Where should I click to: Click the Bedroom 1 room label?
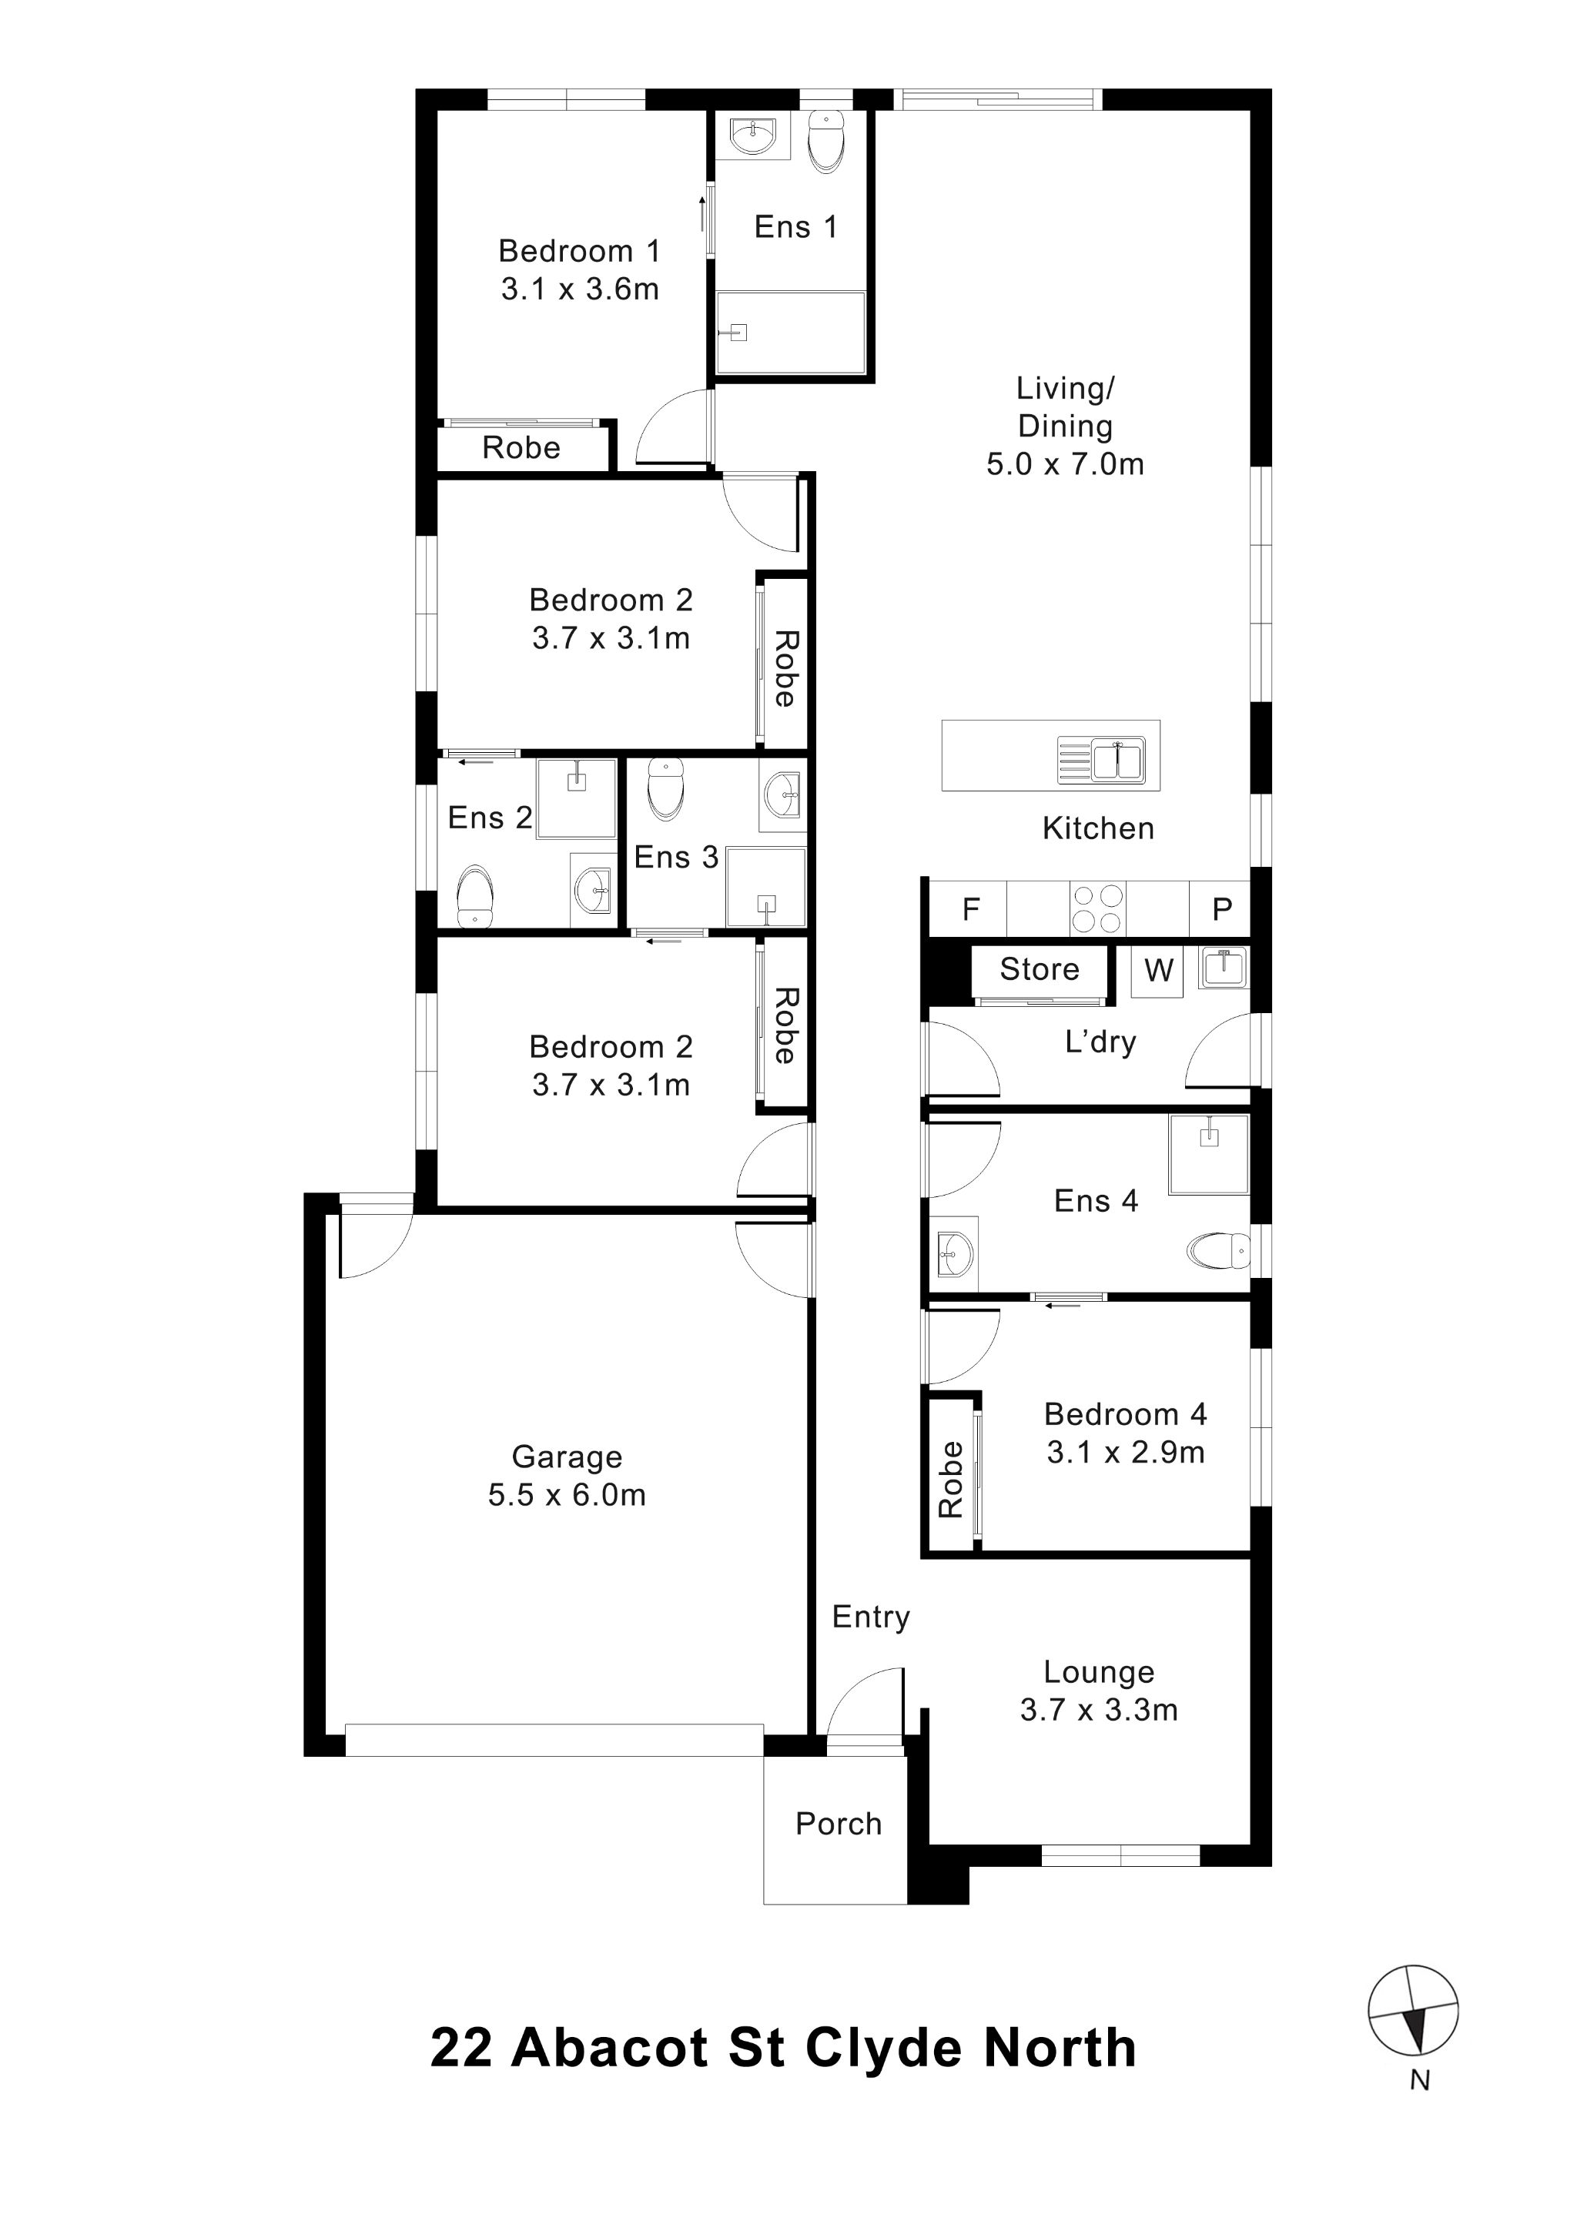(x=579, y=252)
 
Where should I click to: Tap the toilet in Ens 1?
(x=826, y=142)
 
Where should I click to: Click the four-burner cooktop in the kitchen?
(x=1098, y=908)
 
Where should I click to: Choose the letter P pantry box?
(x=1221, y=909)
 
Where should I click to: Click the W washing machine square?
(x=1158, y=970)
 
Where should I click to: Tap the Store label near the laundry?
(x=1039, y=968)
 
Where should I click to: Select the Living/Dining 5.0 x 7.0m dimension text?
(x=1065, y=464)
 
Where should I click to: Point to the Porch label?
(x=838, y=1824)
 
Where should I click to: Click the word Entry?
(x=871, y=1617)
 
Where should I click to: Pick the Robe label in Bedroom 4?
(x=950, y=1480)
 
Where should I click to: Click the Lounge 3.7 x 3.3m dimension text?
(x=1098, y=1709)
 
